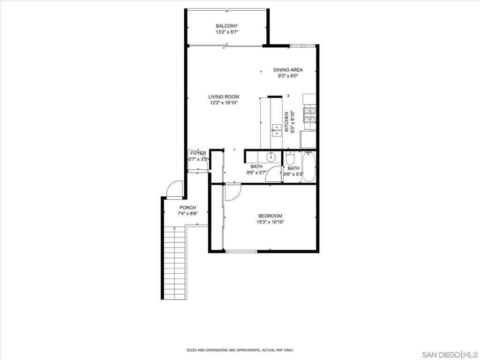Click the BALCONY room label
pos(226,26)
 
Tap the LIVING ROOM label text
pos(224,97)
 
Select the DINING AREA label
pos(288,70)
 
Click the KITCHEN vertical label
pos(286,122)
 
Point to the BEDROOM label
pos(270,216)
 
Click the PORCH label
pos(187,208)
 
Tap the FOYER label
pos(198,153)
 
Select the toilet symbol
pos(290,158)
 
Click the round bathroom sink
pos(271,157)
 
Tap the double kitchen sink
pos(277,130)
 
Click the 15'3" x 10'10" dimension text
pos(270,222)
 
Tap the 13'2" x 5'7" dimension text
pos(227,32)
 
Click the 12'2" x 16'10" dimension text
pos(224,103)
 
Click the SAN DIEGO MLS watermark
pos(450,354)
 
